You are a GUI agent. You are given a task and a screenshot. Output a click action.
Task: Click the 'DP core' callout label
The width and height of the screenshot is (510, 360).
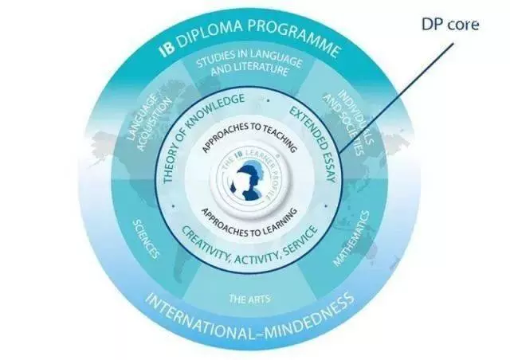point(450,25)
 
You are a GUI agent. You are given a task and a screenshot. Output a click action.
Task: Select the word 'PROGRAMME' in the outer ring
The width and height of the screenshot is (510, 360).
point(295,37)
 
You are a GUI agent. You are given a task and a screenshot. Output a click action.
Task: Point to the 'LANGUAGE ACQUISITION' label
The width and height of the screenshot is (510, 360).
point(149,123)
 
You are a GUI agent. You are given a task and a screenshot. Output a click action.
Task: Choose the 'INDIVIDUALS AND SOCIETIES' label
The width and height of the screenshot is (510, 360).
point(348,123)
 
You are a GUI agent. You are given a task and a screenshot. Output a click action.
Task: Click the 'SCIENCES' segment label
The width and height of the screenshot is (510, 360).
point(146,239)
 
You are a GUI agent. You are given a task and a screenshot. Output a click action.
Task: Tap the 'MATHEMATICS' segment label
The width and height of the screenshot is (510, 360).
point(352,238)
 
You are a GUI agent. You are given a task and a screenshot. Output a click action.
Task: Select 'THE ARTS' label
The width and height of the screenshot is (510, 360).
point(249,299)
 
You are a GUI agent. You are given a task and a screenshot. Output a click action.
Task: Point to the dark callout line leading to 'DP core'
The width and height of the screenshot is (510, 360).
point(396,98)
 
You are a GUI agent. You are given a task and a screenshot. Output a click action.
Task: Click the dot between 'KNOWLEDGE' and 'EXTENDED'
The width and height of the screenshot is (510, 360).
point(268,100)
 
